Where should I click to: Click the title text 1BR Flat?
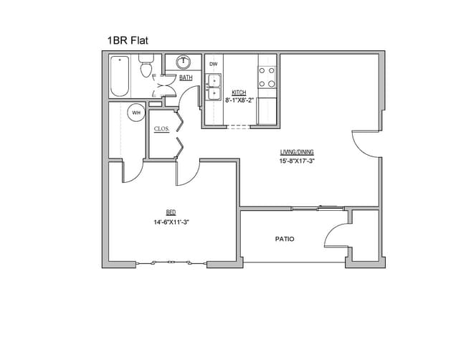[129, 41]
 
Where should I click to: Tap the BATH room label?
[186, 77]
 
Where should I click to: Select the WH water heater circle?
[135, 113]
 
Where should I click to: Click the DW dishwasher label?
[213, 65]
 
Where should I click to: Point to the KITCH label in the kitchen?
[239, 93]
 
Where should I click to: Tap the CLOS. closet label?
[161, 129]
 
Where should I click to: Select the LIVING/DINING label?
[297, 152]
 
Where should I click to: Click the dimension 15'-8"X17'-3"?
[297, 161]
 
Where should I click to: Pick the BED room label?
[171, 212]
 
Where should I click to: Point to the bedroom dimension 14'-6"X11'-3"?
[171, 222]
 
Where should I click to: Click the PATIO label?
[285, 239]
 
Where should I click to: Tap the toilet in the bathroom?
[146, 68]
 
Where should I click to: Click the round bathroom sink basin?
[182, 62]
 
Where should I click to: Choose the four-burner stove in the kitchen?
[267, 75]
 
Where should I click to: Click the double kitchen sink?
[213, 88]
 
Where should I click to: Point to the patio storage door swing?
[336, 237]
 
